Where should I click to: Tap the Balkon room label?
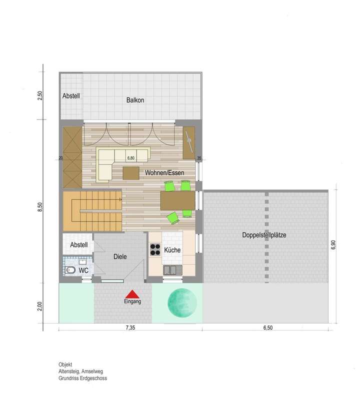point(135,100)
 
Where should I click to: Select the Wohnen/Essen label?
point(164,173)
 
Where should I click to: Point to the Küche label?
point(172,250)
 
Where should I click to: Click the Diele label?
point(120,256)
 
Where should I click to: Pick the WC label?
point(84,270)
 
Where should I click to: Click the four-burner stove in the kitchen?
point(155,251)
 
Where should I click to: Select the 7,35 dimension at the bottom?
point(130,328)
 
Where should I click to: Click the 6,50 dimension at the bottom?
point(265,328)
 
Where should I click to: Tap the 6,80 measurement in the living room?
point(131,158)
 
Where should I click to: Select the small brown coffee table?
point(131,172)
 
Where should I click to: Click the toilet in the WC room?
point(70,270)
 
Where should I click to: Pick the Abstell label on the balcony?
point(71,96)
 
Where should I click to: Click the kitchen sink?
point(172,270)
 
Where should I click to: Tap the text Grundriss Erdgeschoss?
point(82,378)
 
